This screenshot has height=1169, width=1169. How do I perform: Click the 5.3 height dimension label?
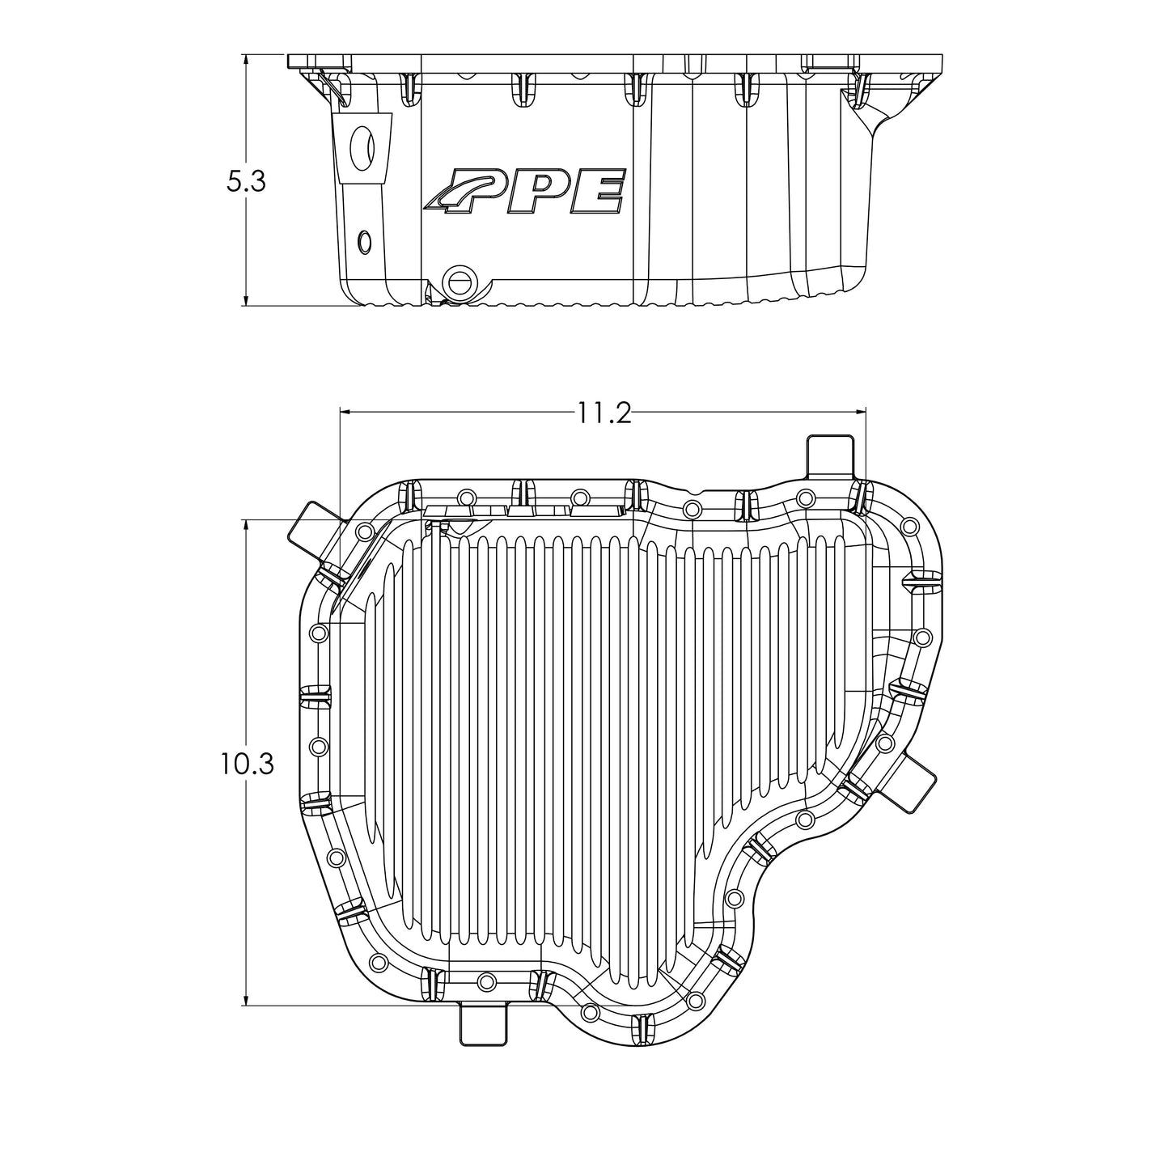pyautogui.click(x=245, y=181)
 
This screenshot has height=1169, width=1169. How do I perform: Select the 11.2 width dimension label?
pyautogui.click(x=603, y=413)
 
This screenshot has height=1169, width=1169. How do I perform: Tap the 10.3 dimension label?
pyautogui.click(x=245, y=763)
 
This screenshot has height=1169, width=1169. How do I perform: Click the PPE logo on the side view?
pyautogui.click(x=526, y=193)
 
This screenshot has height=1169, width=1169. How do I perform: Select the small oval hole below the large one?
pyautogui.click(x=365, y=240)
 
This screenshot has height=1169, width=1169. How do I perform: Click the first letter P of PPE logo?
pyautogui.click(x=482, y=193)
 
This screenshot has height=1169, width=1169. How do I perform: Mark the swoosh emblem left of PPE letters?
pyautogui.click(x=445, y=193)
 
